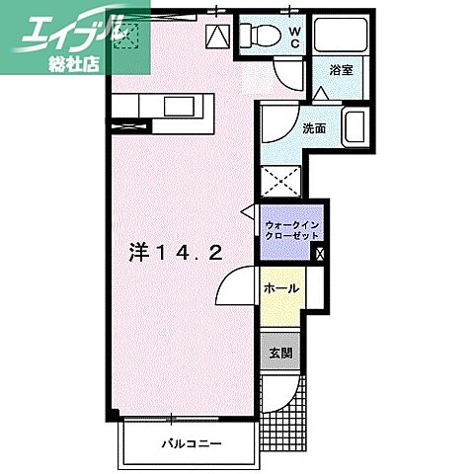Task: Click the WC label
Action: pyautogui.click(x=295, y=38)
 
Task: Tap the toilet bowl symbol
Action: pyautogui.click(x=260, y=34)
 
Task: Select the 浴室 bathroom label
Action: pyautogui.click(x=342, y=70)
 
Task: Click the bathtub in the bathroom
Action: pyautogui.click(x=341, y=36)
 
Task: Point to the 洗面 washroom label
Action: pyautogui.click(x=314, y=128)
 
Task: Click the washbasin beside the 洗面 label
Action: pyautogui.click(x=355, y=126)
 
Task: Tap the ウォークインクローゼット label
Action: pyautogui.click(x=291, y=230)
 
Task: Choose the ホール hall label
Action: pyautogui.click(x=281, y=288)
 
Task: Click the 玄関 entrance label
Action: pyautogui.click(x=280, y=354)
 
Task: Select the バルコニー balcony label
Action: pyautogui.click(x=192, y=444)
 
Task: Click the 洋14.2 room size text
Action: pyautogui.click(x=175, y=253)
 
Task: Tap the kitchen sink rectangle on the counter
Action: pyautogui.click(x=179, y=107)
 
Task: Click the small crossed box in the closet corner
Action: pyautogui.click(x=320, y=254)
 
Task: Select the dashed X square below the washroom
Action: pyautogui.click(x=280, y=182)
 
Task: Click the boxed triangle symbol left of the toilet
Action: pyautogui.click(x=217, y=37)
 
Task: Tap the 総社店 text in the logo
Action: pyautogui.click(x=74, y=64)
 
